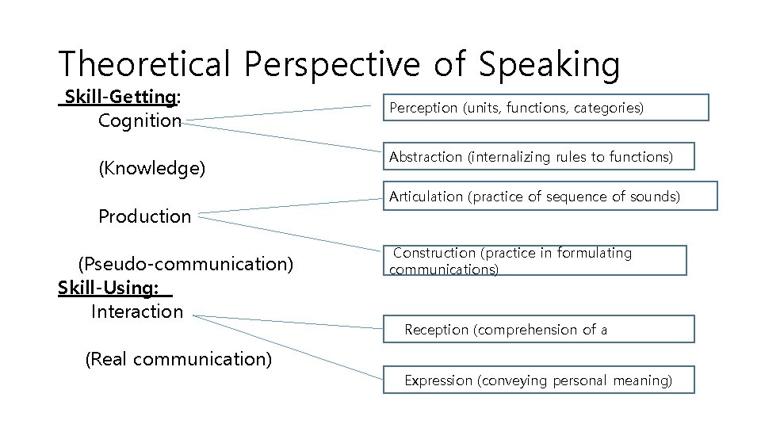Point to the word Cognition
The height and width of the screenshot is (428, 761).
coord(140,121)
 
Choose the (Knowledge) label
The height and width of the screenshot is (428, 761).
coord(151,169)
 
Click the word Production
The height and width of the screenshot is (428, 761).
coord(144,216)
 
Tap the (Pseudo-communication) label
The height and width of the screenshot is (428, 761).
coord(185,264)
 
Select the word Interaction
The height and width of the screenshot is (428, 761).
coord(137,311)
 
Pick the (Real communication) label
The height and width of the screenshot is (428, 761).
coord(178,359)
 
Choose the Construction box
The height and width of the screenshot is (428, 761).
coord(537,260)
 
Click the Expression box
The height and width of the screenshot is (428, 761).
coord(538,380)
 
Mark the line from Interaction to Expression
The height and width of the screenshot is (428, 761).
coord(285,346)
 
